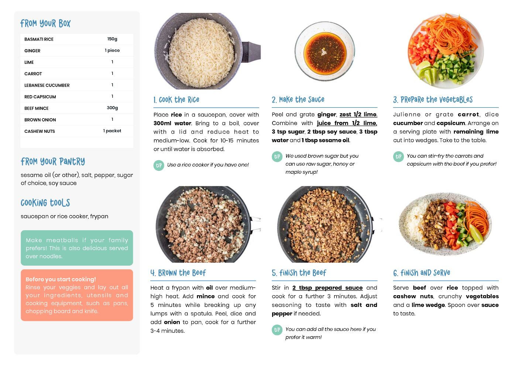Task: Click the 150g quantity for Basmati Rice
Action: [112, 39]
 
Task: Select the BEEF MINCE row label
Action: [36, 108]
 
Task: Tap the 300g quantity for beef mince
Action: [112, 108]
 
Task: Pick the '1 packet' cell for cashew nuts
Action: [112, 131]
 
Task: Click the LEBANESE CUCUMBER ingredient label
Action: [47, 85]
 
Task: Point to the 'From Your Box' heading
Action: [45, 23]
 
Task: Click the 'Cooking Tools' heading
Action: [45, 203]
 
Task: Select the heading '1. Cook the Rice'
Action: [176, 100]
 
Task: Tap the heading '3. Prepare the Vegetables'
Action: [433, 100]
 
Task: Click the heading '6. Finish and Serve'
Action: [422, 273]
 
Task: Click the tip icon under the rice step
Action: [159, 165]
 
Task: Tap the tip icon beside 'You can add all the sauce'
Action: [277, 330]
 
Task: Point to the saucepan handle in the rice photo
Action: [251, 52]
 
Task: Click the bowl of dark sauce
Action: [325, 51]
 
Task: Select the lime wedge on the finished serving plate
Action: [476, 234]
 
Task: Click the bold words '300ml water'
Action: [172, 123]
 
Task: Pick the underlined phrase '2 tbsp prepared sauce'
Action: [327, 288]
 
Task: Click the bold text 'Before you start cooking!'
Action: [61, 279]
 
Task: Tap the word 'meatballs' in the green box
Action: [62, 240]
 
